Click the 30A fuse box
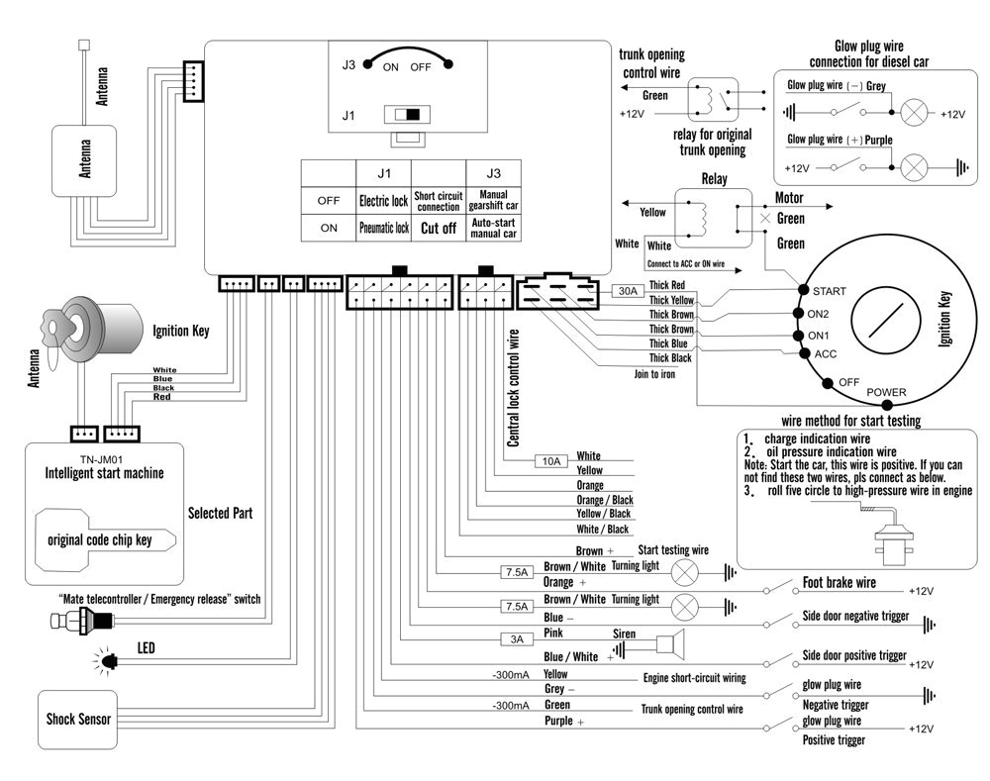[627, 291]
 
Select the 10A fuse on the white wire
[550, 461]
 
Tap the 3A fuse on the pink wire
[516, 639]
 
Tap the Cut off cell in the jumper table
[438, 228]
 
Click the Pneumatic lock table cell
[383, 228]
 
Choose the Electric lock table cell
[383, 201]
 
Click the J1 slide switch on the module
[407, 115]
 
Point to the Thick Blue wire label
[670, 343]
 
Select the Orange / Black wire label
[603, 500]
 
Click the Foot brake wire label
[839, 583]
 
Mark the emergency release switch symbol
[81, 621]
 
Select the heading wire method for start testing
[850, 421]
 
